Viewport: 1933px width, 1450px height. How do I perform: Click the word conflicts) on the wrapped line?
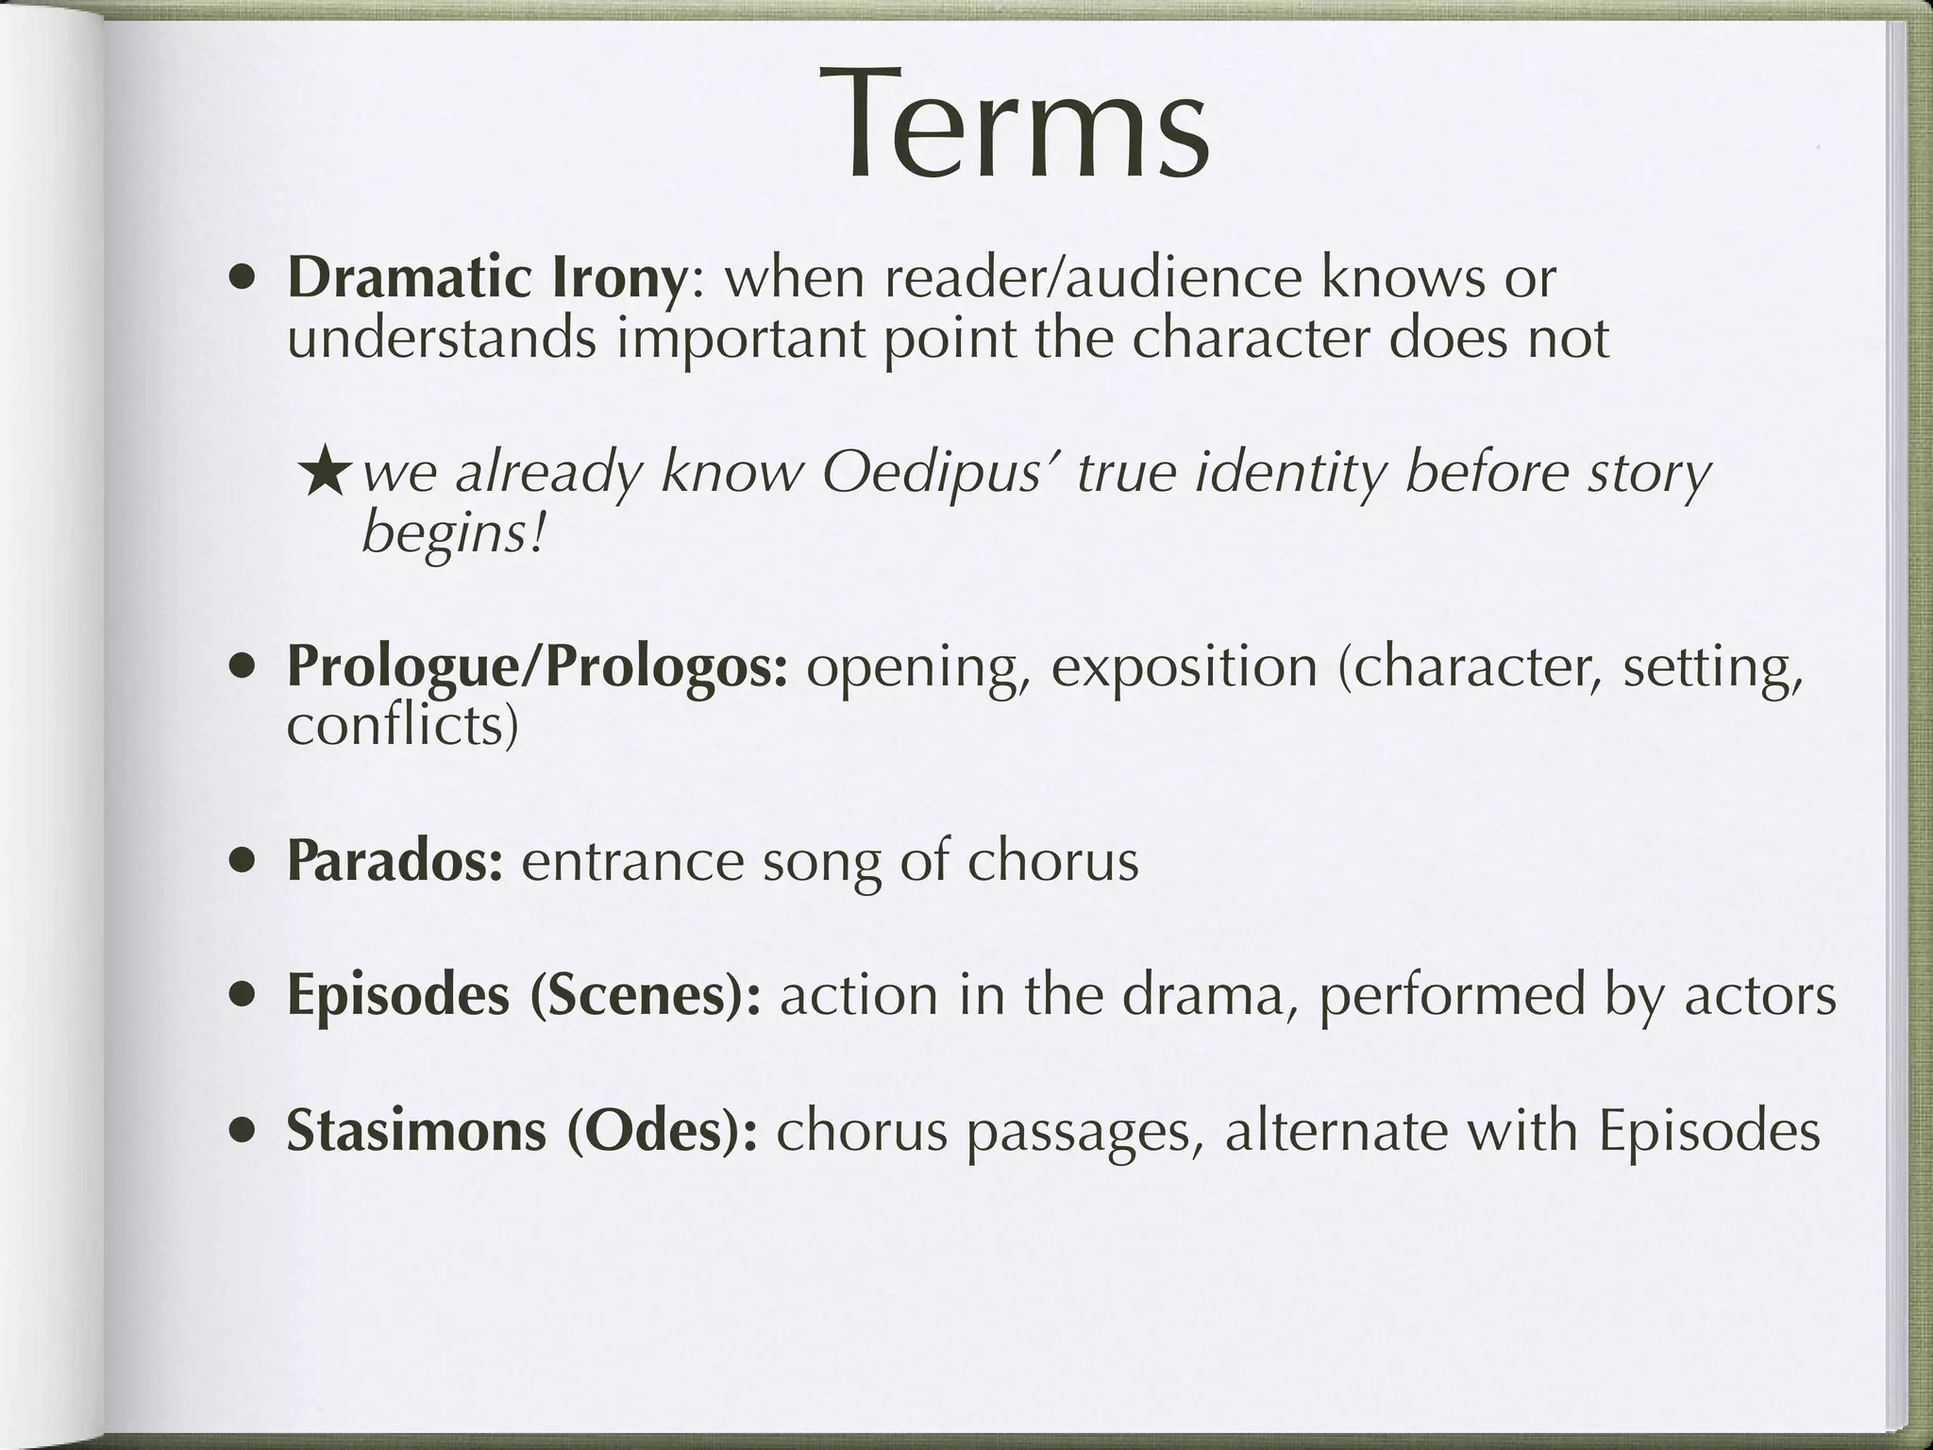coord(402,725)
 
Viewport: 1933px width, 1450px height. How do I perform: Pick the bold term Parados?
coord(395,861)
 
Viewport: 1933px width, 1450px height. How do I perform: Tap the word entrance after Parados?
coord(632,861)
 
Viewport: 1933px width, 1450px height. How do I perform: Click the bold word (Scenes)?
coord(645,996)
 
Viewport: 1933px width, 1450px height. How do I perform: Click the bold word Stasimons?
coord(416,1131)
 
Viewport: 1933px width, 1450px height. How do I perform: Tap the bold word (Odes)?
coord(662,1131)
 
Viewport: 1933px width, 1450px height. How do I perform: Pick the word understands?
coord(442,338)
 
